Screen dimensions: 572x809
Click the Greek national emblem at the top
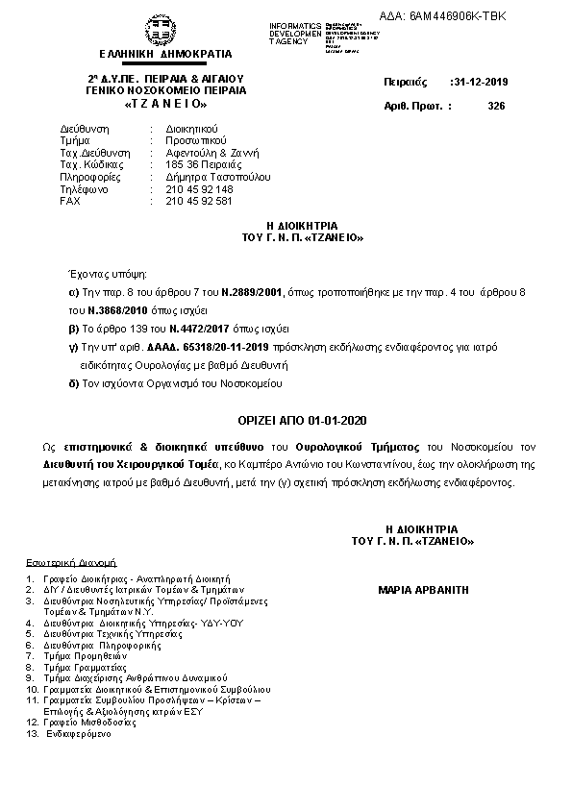(153, 29)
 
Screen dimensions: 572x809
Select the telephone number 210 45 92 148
(199, 189)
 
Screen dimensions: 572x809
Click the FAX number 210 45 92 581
(199, 201)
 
